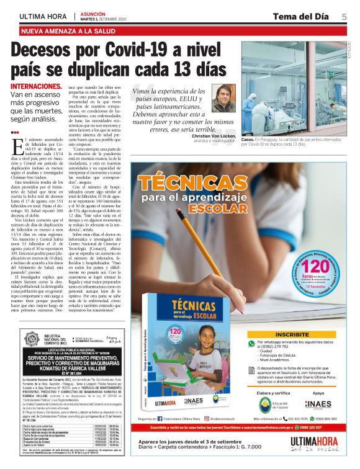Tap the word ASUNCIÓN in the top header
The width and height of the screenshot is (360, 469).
coord(93,12)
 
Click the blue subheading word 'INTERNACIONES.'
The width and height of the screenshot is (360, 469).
coord(36,86)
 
